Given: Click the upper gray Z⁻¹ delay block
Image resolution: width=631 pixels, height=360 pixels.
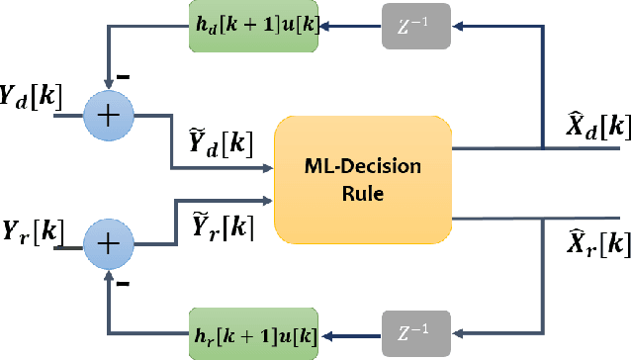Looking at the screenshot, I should click(415, 28).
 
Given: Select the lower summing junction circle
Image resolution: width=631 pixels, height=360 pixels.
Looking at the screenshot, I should click(112, 241).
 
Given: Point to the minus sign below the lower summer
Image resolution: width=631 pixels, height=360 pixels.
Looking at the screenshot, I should click(124, 284).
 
